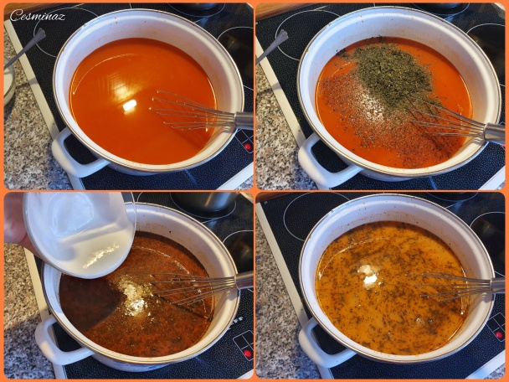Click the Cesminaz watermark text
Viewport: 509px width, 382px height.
tap(38, 15)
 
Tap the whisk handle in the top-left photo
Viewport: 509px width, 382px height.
tap(244, 120)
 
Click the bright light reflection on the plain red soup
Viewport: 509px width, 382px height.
tap(130, 105)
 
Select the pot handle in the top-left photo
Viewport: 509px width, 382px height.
tap(75, 155)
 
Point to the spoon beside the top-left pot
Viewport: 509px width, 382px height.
tap(24, 48)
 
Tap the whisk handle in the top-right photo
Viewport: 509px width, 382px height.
tap(494, 132)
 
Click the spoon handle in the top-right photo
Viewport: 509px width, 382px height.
tap(272, 46)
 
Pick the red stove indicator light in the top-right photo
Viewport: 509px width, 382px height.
tap(249, 147)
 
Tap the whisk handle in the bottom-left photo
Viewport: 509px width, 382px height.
tap(244, 280)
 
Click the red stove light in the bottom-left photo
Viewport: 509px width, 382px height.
tap(248, 354)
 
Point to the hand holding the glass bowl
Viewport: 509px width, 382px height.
tap(14, 221)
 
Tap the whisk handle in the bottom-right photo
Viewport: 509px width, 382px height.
tap(496, 286)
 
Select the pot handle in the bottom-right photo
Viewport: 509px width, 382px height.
tap(325, 344)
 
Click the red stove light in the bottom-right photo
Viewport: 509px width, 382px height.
tap(499, 335)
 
